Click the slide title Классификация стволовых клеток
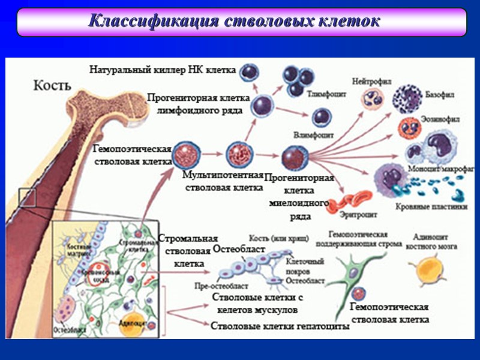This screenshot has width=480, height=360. tap(234, 22)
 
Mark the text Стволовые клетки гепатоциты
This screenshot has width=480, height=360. tap(280, 326)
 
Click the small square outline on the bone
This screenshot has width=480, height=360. tap(28, 197)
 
